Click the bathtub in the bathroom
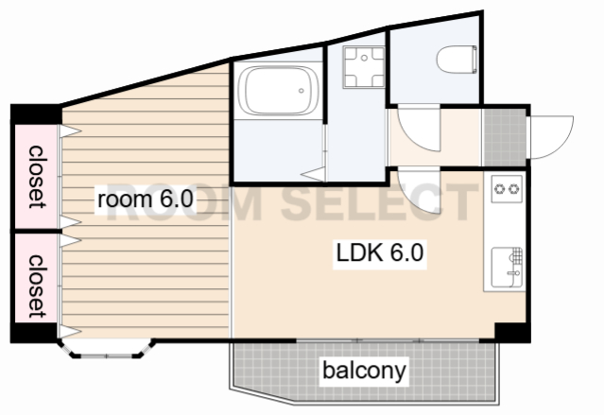tap(278, 91)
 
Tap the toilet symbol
tap(457, 60)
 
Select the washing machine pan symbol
tap(364, 67)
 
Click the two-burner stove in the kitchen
tap(507, 189)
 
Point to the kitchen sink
tap(507, 268)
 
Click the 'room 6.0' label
tap(146, 199)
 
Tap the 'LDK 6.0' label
tap(380, 252)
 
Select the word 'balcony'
tap(364, 371)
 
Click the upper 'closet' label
tap(37, 177)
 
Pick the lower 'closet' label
tap(37, 286)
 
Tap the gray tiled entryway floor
tap(505, 137)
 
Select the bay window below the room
tap(106, 349)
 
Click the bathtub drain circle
tap(302, 91)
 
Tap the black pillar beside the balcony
tap(512, 333)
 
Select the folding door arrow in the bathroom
tap(313, 174)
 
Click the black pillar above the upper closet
tap(36, 114)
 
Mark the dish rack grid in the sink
tap(516, 256)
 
